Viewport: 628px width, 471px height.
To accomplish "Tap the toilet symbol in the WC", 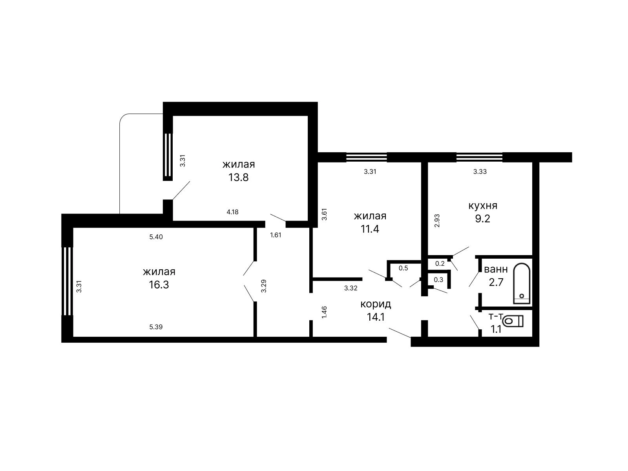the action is click(x=514, y=321).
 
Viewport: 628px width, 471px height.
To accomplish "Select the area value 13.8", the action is click(x=238, y=177).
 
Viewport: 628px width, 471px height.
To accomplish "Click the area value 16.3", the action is click(x=159, y=285).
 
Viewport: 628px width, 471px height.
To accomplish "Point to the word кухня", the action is click(x=483, y=206).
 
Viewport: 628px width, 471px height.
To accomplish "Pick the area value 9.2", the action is click(x=483, y=219).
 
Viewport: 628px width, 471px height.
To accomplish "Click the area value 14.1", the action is click(x=376, y=317).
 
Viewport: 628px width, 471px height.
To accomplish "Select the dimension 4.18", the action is click(x=232, y=212).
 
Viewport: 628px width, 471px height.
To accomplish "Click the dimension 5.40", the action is click(x=156, y=237).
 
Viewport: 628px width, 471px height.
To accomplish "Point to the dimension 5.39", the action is click(x=156, y=327).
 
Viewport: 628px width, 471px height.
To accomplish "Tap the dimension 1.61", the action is click(x=276, y=235).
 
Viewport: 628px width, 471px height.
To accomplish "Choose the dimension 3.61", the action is click(x=324, y=214).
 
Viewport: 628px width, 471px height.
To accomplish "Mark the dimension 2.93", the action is click(x=437, y=221).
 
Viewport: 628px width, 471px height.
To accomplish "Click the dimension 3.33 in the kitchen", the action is click(x=480, y=172).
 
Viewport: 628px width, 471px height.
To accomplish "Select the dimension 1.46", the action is click(x=324, y=312).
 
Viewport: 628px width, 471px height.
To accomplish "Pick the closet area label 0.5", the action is click(x=403, y=268).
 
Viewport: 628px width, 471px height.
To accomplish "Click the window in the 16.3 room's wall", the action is click(x=67, y=281).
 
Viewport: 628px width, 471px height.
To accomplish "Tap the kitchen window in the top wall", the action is click(x=479, y=157).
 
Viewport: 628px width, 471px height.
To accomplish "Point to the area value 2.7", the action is click(x=496, y=282).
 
